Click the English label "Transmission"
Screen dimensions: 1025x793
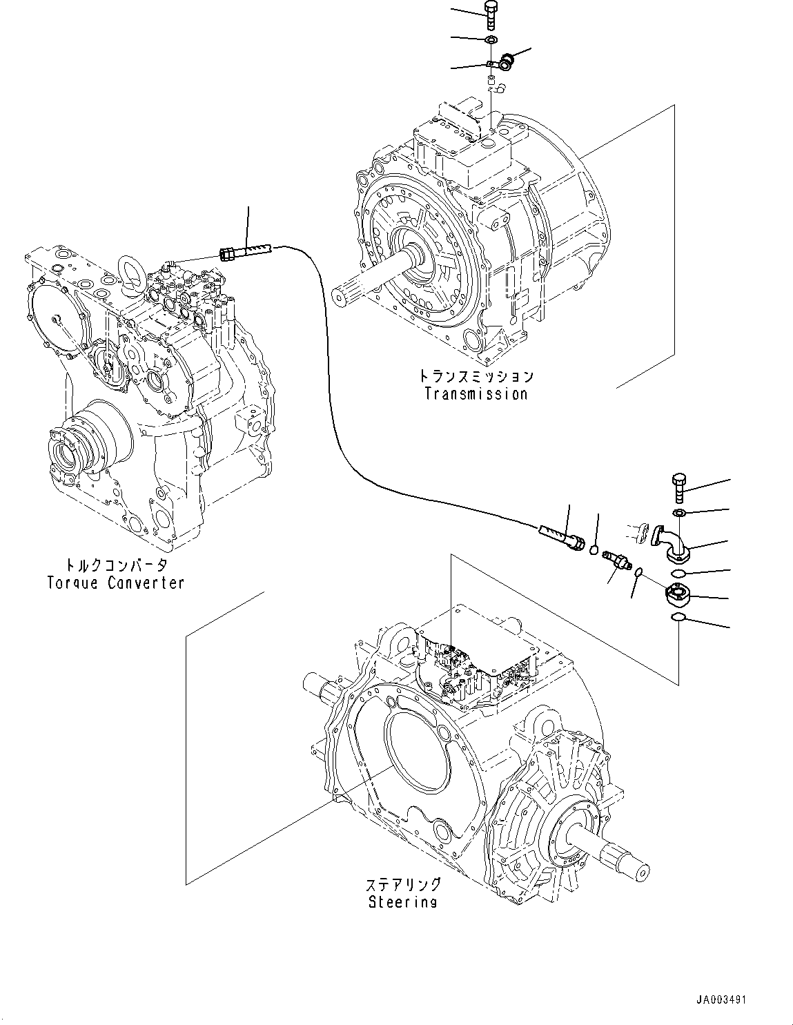476,394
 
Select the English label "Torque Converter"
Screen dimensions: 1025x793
115,583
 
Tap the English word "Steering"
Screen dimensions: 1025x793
402,901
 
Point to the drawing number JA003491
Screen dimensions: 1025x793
721,1000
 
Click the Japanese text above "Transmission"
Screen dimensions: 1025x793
476,377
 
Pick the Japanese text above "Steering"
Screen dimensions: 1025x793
402,885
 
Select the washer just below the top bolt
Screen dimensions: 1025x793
491,39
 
